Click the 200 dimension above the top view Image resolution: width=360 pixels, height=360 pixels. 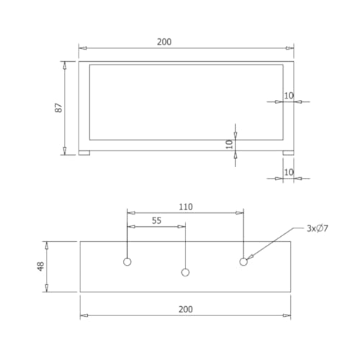[164, 42]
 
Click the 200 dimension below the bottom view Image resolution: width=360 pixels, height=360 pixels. [186, 309]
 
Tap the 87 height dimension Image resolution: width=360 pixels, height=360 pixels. [58, 108]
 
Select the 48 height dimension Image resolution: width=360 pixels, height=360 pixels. [40, 266]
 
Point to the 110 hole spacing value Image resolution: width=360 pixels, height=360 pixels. [186, 207]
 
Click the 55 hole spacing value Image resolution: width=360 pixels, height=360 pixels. [156, 220]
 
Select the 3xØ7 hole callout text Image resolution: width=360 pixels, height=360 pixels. [318, 228]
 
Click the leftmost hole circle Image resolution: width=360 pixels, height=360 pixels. [127, 261]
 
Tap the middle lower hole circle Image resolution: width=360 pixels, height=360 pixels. [185, 272]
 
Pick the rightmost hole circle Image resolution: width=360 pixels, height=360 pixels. [243, 261]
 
